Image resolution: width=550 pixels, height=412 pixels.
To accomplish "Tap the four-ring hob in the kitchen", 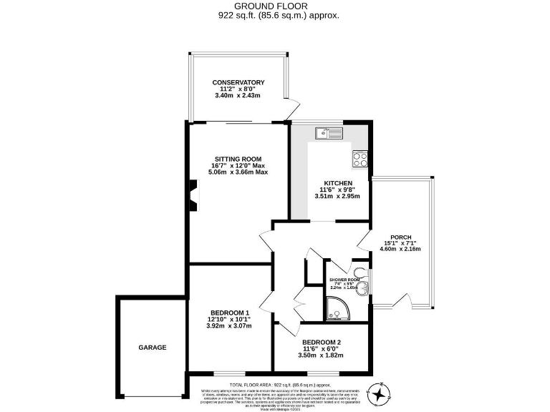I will (360, 159).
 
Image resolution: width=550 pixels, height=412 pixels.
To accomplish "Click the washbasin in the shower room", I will (365, 288).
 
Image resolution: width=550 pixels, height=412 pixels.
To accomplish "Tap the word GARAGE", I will (152, 348).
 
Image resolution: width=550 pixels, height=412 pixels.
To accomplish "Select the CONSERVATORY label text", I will (238, 82).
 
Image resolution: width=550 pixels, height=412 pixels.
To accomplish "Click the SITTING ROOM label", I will (238, 159).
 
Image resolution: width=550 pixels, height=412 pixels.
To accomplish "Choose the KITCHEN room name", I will (337, 182).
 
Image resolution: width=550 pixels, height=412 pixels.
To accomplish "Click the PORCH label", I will (400, 237).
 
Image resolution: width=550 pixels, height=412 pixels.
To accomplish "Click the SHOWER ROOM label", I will (343, 279).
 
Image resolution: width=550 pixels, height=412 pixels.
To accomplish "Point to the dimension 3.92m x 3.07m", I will (229, 326).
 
